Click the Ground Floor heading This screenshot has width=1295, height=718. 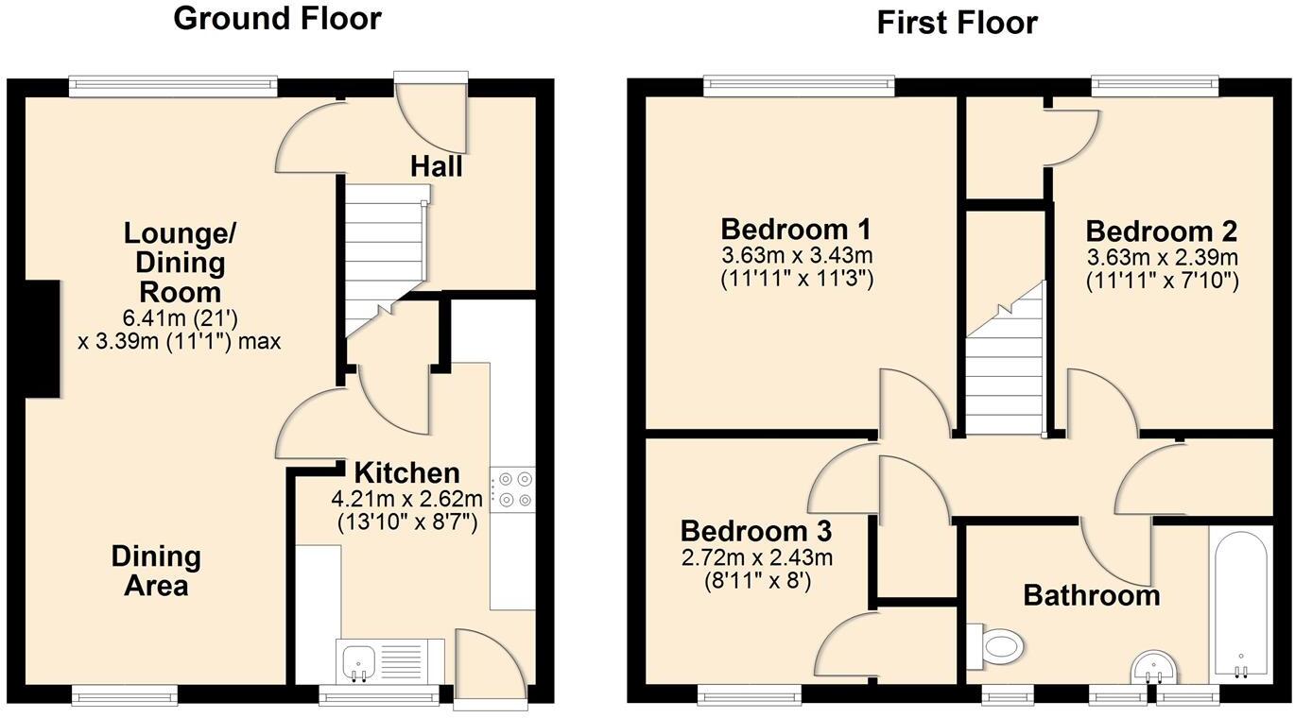[277, 18]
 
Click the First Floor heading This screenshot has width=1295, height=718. [957, 22]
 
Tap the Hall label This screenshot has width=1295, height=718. [436, 166]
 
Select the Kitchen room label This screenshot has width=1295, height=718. [406, 472]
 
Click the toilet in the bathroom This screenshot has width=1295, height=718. [997, 647]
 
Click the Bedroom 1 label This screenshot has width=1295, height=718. [796, 230]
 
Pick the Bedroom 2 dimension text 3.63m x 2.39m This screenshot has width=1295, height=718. [1162, 257]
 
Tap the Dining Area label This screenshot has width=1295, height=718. [156, 571]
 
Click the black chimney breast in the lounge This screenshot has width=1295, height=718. [41, 341]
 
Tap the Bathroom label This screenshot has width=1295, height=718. [1091, 596]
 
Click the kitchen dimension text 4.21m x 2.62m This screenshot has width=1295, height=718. [406, 499]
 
